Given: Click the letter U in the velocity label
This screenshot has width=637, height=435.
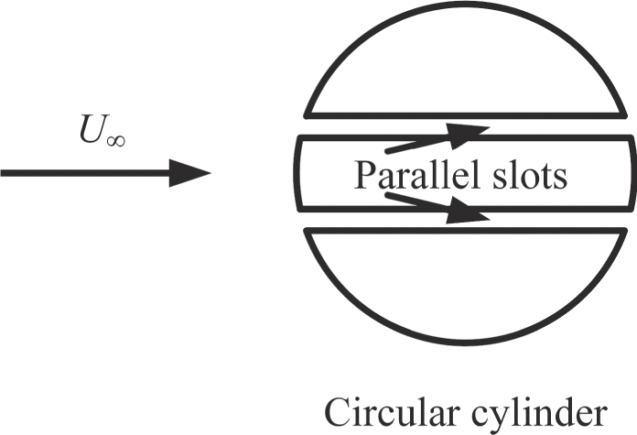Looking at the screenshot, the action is pos(91,129).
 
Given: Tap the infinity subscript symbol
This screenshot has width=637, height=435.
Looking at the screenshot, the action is pos(115,141).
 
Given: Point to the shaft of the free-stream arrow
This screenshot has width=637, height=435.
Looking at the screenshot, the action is pos(85,173).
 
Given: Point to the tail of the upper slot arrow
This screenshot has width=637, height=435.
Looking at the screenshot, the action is pos(387,152).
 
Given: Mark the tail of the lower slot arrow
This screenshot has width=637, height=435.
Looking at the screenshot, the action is pos(387,196).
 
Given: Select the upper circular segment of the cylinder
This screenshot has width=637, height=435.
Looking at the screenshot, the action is pos(466,61).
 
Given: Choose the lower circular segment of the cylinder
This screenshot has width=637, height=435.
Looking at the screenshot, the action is pos(466,285).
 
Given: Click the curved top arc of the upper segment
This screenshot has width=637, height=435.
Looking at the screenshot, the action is pos(466,5).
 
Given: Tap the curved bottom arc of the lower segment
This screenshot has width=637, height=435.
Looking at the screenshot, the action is pos(466,343).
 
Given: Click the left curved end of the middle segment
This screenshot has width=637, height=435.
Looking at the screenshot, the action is pos(297,173).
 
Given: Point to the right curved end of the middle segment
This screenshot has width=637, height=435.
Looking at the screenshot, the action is pos(633,173).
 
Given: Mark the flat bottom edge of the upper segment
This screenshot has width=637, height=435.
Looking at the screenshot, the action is pos(466,116).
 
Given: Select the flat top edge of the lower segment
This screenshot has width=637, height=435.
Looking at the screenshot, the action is pos(466,231).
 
